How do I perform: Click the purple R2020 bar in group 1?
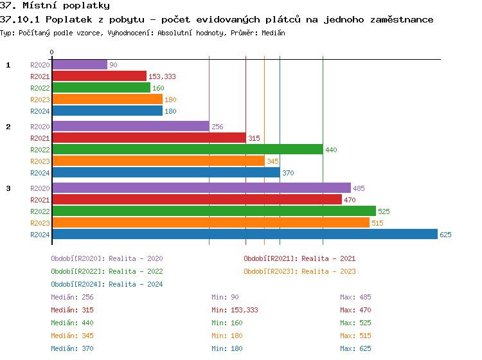pos(79,65)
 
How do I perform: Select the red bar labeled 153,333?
pos(99,76)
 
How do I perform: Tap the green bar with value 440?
pos(187,150)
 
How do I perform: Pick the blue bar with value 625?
pos(244,235)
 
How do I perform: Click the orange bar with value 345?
pos(158,161)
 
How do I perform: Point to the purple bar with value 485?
pos(201,188)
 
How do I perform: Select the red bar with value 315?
pos(148,138)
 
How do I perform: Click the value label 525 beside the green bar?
pos(384,212)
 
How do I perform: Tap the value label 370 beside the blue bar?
pos(289,173)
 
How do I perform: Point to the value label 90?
pos(113,65)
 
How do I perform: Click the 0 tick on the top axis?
pos(52,52)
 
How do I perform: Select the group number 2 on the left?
pos(8,127)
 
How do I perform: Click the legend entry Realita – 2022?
pos(136,271)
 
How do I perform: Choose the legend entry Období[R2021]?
pos(271,258)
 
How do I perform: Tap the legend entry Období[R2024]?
pos(78,284)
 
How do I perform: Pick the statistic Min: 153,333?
pos(235,310)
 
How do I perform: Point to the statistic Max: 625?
pos(355,348)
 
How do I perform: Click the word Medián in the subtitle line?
pos(272,33)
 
